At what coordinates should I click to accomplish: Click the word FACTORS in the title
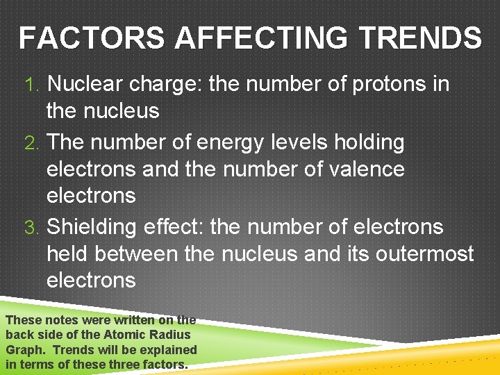click(93, 38)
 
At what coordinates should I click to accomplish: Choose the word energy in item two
click(235, 143)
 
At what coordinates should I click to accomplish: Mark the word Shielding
click(92, 228)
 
